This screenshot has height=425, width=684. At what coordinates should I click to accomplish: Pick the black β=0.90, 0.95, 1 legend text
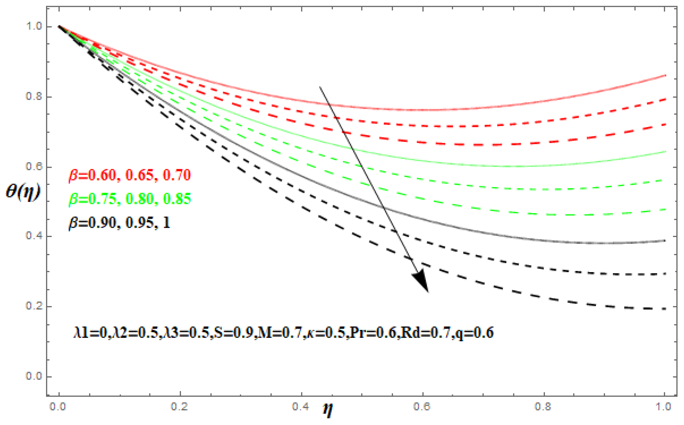coord(120,223)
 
